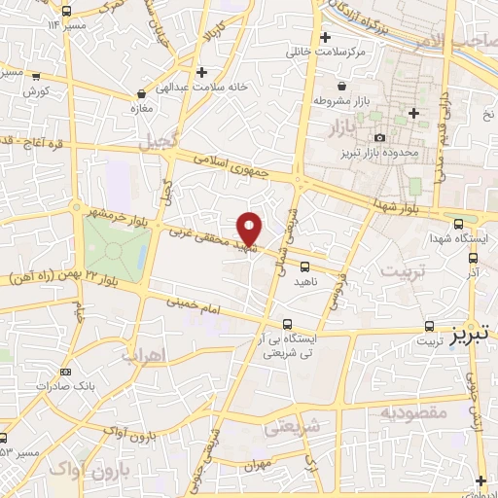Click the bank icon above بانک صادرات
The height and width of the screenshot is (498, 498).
tap(65, 372)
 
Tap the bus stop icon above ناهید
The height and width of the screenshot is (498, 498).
tap(305, 266)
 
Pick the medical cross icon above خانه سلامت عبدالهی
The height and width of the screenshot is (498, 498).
tap(200, 72)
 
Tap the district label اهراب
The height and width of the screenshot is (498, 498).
tap(140, 355)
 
